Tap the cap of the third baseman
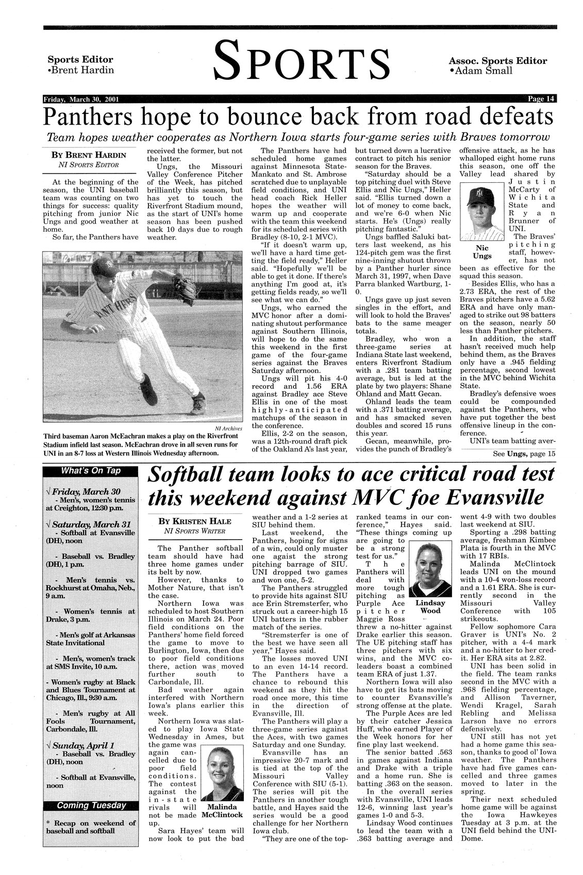pyautogui.click(x=101, y=267)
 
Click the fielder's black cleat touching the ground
pyautogui.click(x=148, y=391)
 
